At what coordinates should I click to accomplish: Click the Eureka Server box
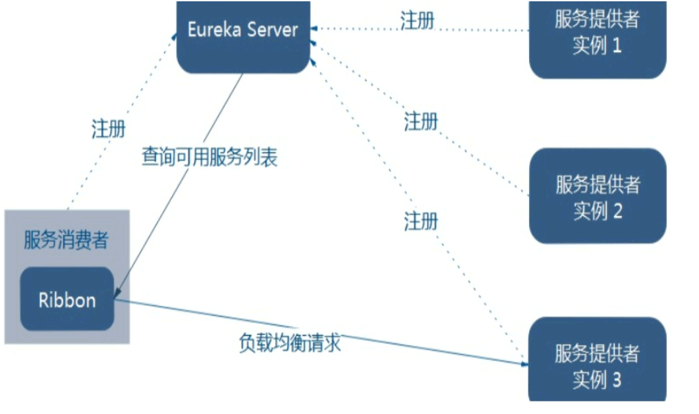(243, 36)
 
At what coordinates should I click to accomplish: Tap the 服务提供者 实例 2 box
(597, 196)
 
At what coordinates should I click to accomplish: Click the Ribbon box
(67, 299)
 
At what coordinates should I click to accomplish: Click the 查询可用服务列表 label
(210, 157)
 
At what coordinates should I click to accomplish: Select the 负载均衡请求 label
(290, 343)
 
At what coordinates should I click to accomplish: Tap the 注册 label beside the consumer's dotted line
(109, 128)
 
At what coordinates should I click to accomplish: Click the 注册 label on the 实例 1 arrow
(418, 20)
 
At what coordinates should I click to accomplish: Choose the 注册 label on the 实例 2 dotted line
(421, 121)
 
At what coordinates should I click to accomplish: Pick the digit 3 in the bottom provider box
(615, 380)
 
